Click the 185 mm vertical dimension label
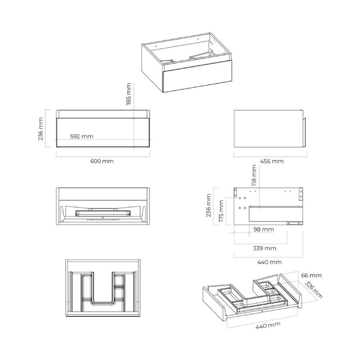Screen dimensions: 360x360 129,94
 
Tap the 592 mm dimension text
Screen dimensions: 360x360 82,136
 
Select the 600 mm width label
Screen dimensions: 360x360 102,161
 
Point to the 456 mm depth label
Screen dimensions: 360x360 272,161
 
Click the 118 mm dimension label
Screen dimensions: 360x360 254,175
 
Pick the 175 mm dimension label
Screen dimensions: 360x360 221,211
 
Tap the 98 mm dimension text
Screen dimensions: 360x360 264,229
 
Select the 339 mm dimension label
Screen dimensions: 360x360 265,248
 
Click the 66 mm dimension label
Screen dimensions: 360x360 311,275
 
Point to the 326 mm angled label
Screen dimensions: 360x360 313,290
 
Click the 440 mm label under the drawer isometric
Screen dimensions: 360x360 268,325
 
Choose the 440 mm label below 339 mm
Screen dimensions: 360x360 269,262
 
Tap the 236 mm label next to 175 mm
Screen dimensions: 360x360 209,206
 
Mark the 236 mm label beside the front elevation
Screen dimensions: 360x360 40,129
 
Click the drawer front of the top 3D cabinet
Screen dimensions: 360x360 197,76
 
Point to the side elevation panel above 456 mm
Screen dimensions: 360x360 268,129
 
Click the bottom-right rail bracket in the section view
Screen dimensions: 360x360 295,223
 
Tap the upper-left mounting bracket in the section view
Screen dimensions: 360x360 235,193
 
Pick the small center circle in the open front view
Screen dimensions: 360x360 103,217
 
